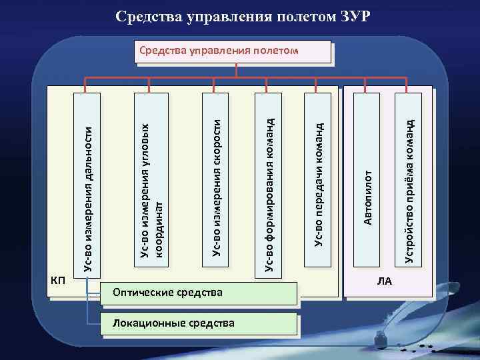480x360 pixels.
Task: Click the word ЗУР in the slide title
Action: click(x=351, y=15)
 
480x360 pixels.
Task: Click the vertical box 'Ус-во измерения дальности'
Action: click(x=87, y=183)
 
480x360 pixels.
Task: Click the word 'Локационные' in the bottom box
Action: click(x=145, y=324)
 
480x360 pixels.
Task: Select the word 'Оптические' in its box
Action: click(x=140, y=293)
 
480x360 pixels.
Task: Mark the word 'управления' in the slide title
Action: click(x=225, y=15)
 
